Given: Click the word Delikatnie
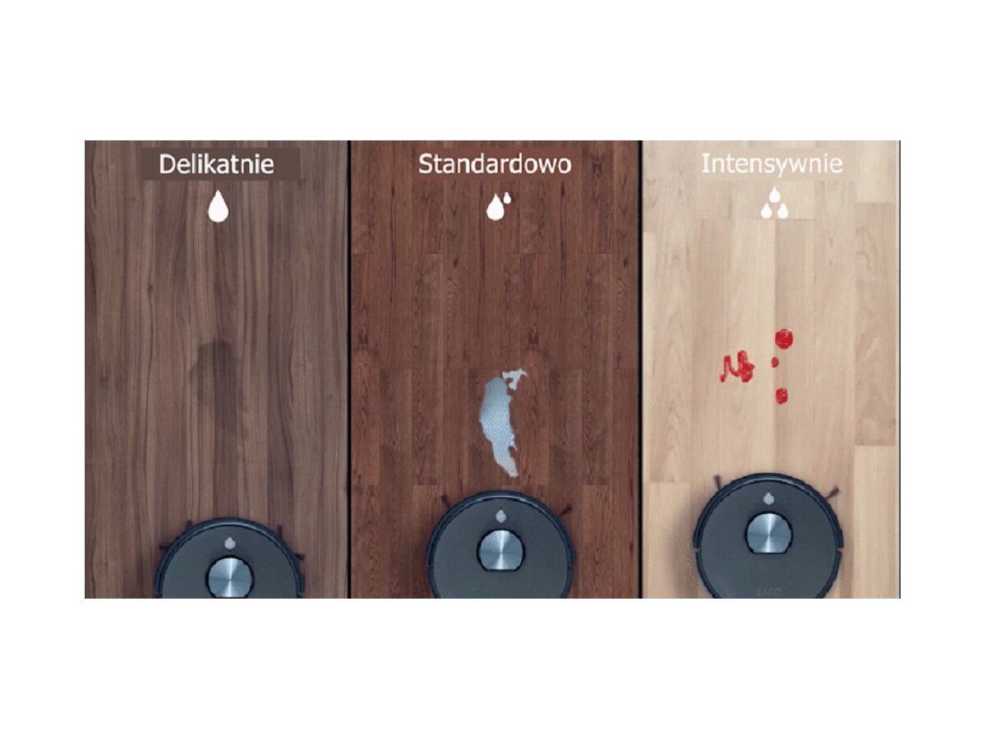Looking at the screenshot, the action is [217, 164].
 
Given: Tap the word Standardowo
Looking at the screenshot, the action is [495, 164].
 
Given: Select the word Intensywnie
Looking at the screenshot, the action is [772, 164].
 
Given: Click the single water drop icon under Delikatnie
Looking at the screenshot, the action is [218, 206].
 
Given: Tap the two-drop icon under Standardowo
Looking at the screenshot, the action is [498, 206].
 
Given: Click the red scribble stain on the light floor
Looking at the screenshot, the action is [737, 366].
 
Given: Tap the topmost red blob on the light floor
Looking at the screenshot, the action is [783, 339].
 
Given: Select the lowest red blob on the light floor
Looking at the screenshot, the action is [781, 395].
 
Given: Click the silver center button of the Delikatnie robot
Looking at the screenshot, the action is [229, 577].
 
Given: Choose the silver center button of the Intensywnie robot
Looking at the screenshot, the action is [768, 533].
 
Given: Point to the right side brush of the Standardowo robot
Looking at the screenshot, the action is [564, 510].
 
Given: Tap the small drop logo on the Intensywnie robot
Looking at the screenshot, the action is [768, 498].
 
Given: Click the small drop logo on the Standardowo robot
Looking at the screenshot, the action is [501, 516].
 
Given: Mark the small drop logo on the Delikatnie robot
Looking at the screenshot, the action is [229, 543].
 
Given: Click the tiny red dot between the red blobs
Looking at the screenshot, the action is [775, 362].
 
